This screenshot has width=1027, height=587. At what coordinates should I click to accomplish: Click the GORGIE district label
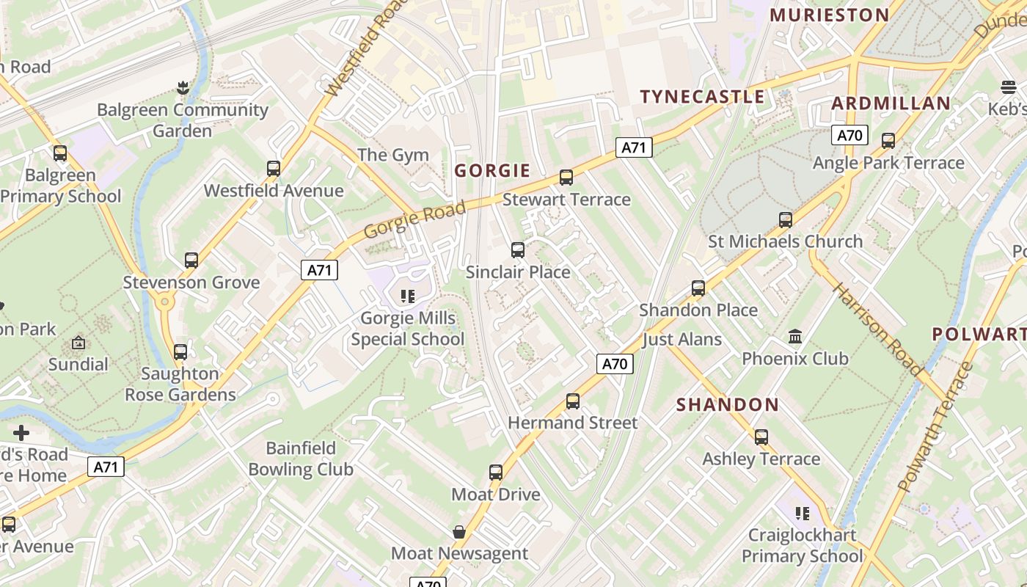492,171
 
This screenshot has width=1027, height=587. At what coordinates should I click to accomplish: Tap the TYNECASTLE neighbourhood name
702,97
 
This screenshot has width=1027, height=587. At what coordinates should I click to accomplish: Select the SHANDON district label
727,404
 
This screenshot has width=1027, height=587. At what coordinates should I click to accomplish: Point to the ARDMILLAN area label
891,103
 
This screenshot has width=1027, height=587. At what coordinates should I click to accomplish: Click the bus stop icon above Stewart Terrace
566,178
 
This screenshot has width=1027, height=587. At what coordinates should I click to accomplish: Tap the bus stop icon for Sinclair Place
518,250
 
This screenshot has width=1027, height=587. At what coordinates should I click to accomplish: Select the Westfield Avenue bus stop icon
274,169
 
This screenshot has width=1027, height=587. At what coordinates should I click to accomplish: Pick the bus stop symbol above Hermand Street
573,401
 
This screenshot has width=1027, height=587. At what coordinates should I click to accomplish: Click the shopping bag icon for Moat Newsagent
459,532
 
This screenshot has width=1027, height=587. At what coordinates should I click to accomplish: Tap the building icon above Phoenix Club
794,337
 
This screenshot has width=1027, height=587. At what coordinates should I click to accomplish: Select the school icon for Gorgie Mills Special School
408,296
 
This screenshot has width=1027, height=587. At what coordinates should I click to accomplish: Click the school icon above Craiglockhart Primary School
802,513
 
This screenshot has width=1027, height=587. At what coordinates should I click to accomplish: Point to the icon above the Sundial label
78,343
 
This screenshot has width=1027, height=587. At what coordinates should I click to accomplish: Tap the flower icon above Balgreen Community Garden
183,89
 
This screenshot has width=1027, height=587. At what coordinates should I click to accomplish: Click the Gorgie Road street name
414,219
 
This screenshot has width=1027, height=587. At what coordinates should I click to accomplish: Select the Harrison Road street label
877,329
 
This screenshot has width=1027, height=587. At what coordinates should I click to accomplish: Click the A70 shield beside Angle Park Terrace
849,135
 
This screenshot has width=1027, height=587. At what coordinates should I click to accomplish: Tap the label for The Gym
393,155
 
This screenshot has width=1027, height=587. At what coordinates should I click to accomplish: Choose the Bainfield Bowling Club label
301,459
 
